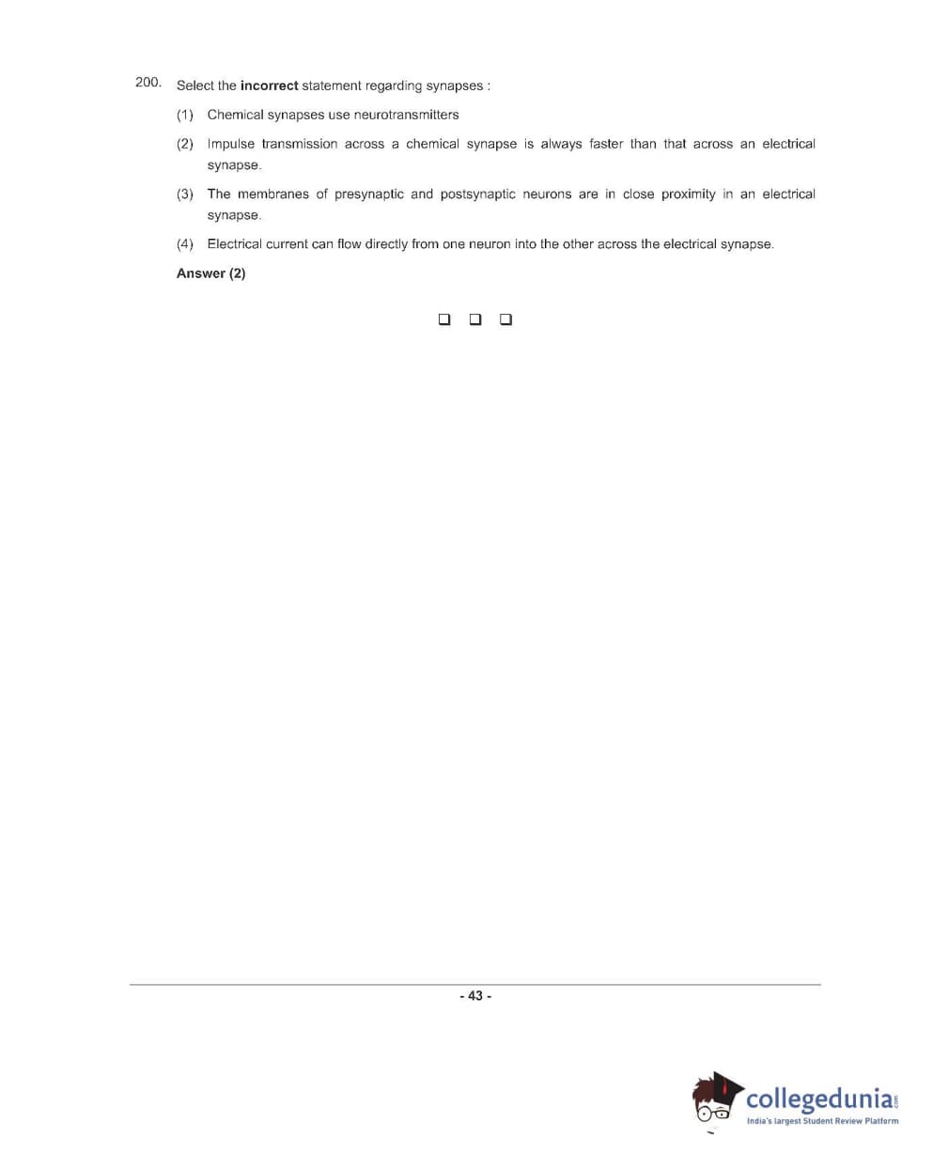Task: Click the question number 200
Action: [x=148, y=83]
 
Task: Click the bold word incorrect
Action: [x=269, y=86]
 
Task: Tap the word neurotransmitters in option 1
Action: [x=406, y=115]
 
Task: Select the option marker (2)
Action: [x=185, y=144]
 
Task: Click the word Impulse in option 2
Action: [x=230, y=144]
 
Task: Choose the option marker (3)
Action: [x=185, y=195]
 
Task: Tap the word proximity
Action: [x=688, y=195]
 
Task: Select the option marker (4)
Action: [x=185, y=244]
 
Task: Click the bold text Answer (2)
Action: [x=211, y=273]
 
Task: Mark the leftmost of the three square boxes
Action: [x=444, y=320]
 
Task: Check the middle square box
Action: [x=475, y=320]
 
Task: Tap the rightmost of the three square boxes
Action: [x=506, y=320]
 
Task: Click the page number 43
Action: [x=475, y=996]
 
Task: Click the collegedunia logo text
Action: [x=819, y=1099]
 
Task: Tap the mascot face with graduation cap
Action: [x=716, y=1100]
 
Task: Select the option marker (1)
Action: [x=185, y=115]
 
